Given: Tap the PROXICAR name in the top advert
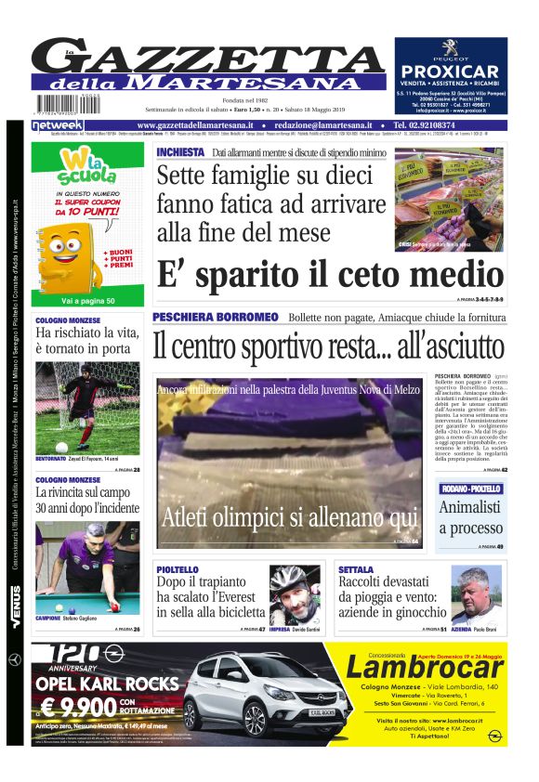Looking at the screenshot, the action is pos(451,72).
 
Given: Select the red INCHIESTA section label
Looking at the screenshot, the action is pos(180,151).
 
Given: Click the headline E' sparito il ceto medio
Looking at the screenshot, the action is pos(330,275).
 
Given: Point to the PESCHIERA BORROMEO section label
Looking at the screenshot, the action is pos(215,317).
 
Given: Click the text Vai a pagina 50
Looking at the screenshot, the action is pos(88,301).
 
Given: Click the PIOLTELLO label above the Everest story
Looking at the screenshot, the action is pos(177,569).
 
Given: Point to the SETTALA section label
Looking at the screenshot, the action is pos(356,569).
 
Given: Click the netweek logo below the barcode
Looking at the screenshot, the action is pos(58,124).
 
